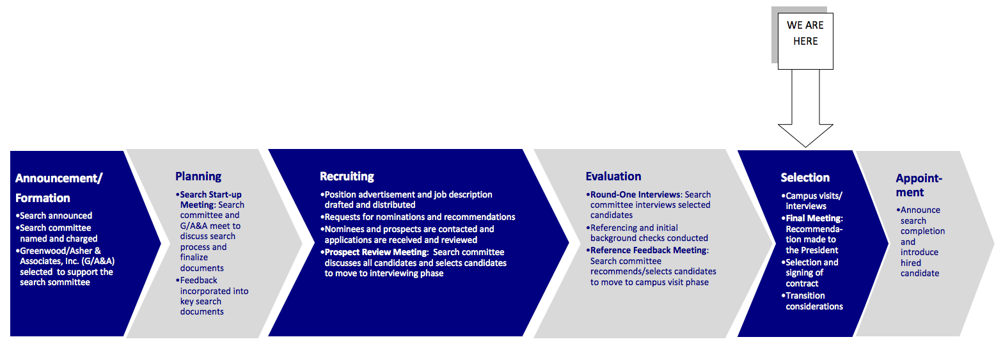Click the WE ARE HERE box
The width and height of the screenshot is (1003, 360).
click(805, 41)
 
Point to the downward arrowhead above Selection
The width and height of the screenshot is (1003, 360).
click(805, 135)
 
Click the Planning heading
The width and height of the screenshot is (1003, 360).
click(198, 176)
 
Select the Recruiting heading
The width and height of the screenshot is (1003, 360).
click(347, 176)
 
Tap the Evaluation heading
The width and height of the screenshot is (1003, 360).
click(613, 176)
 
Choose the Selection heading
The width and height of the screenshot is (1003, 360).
click(805, 178)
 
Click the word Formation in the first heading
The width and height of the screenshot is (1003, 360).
click(42, 198)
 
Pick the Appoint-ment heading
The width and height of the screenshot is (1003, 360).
click(919, 185)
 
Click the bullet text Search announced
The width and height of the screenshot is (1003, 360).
click(56, 216)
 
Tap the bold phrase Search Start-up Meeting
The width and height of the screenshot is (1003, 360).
click(210, 200)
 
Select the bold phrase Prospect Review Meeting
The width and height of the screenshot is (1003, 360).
click(376, 252)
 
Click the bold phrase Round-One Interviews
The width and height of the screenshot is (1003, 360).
click(635, 195)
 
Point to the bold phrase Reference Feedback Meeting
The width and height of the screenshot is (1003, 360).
click(649, 250)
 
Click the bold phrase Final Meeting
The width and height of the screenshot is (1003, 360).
click(814, 219)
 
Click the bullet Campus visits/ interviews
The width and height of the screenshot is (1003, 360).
click(812, 201)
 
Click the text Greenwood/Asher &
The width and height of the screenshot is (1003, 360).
click(60, 251)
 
